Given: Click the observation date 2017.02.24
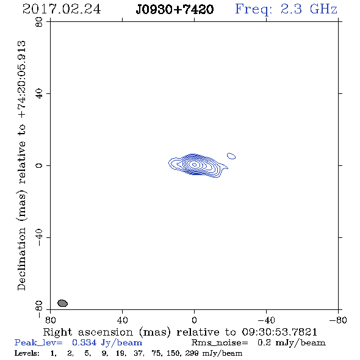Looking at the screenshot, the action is pos(62,9).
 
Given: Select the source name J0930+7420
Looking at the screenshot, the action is pos(175,9).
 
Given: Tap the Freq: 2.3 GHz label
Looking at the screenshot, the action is pos(286,9).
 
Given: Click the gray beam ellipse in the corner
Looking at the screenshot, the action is pos(62,303).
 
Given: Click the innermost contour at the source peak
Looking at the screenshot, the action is pos(194,165).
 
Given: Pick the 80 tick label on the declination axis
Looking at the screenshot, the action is pos(39,23).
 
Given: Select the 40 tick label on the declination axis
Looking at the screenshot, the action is pos(39,94).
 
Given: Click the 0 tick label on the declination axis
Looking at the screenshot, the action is pos(39,165).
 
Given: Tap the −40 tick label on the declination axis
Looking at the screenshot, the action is pos(39,237).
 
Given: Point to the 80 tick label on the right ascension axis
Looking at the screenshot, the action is pos(50,320).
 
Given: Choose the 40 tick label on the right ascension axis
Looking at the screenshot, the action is pos(122,320).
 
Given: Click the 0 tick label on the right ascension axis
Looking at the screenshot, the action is pos(194,320).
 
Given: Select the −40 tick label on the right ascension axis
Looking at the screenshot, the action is pos(266,320).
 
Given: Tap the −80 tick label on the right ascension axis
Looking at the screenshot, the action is pos(338,320).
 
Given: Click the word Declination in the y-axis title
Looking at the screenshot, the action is pos(21,259).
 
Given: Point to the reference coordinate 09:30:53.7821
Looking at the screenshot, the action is pos(279,332).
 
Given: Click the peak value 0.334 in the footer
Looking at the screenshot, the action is pos(84,342).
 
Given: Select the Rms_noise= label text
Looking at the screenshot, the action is pos(220,343).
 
